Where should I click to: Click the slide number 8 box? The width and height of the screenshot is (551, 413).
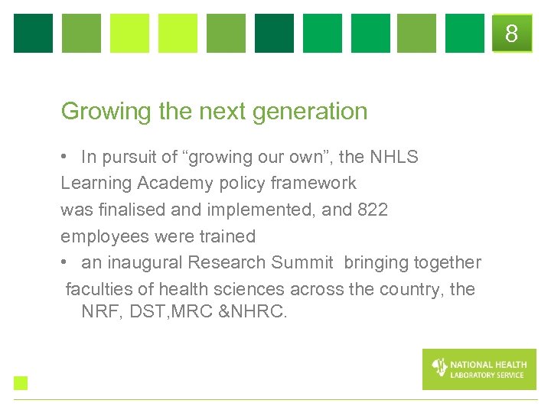(511, 34)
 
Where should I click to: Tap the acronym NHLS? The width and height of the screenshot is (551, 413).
(394, 158)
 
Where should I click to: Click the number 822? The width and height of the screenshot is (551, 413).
(373, 210)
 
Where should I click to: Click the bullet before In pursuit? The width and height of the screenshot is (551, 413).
(66, 158)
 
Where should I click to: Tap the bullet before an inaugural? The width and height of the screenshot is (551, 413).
(66, 262)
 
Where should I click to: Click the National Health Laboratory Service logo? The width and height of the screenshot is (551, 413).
(479, 369)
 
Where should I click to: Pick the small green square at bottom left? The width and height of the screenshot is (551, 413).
(21, 383)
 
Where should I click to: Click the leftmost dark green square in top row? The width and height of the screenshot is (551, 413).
(34, 34)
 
